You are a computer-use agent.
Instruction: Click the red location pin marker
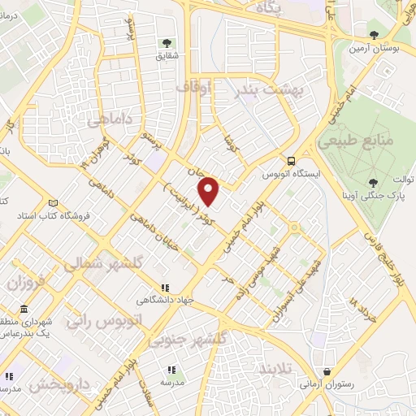[x=210, y=191]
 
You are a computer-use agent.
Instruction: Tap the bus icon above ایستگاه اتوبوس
[x=290, y=161]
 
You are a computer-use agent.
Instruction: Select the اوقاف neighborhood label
[x=215, y=84]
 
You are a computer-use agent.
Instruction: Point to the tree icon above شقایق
[x=167, y=43]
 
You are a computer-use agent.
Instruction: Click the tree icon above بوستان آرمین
[x=374, y=35]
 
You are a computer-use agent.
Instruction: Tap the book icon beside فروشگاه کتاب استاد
[x=54, y=203]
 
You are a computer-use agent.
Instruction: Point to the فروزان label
[x=24, y=284]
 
